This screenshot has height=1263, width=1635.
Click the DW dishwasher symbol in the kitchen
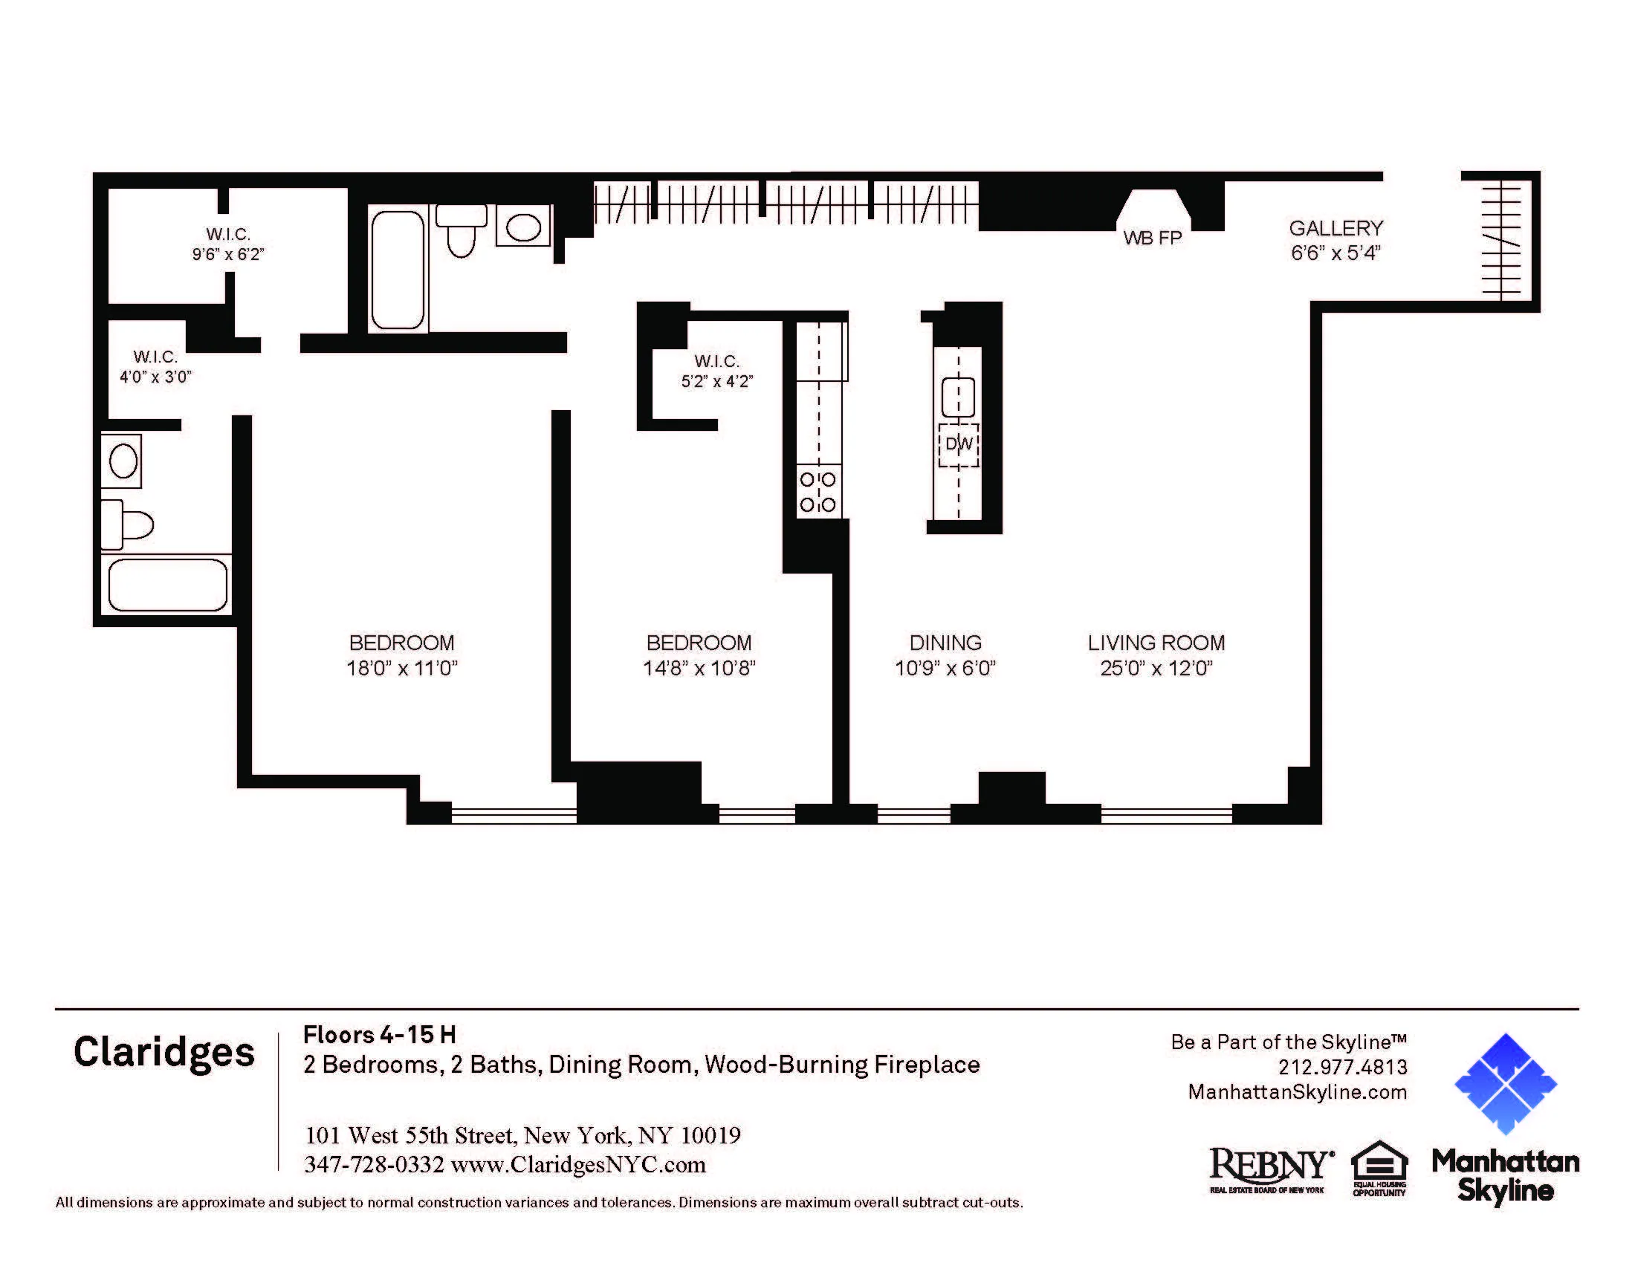tap(958, 444)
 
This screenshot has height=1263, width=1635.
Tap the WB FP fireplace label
tap(1152, 238)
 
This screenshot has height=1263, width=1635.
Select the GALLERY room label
tap(1335, 228)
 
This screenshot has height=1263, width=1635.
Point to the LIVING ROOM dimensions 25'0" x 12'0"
tap(1156, 668)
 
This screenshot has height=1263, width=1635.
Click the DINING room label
tap(945, 643)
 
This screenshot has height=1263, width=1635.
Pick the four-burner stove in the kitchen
tap(818, 493)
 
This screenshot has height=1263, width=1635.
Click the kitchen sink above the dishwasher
tap(957, 397)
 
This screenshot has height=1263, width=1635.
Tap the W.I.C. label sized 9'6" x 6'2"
tap(228, 234)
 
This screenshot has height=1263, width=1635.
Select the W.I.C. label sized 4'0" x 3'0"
tap(156, 357)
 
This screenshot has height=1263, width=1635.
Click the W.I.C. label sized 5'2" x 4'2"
tap(716, 361)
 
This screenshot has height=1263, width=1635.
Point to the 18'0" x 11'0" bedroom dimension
tap(402, 668)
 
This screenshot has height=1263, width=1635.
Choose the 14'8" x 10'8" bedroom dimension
tap(699, 668)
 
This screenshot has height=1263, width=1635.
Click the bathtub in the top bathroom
tap(398, 270)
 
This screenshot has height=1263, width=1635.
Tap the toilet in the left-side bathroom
tap(129, 525)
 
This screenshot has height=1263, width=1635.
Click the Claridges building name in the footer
tap(164, 1053)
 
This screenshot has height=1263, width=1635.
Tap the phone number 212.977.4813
tap(1342, 1067)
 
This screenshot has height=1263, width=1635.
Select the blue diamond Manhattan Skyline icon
tap(1505, 1083)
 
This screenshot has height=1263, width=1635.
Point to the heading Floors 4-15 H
tap(380, 1035)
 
